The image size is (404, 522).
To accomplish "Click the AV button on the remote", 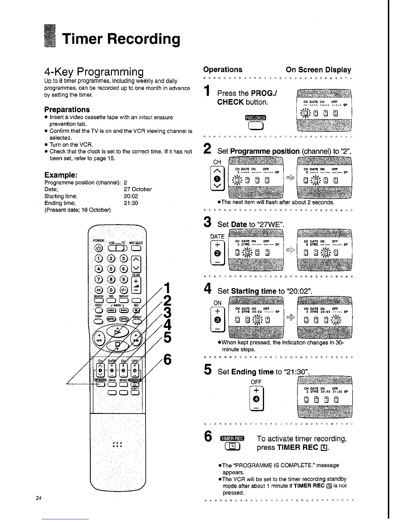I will click(x=99, y=289).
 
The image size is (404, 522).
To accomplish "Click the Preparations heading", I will click(x=67, y=109).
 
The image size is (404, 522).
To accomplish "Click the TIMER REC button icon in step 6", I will click(x=232, y=447).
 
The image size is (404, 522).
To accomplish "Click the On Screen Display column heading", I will click(x=318, y=70).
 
